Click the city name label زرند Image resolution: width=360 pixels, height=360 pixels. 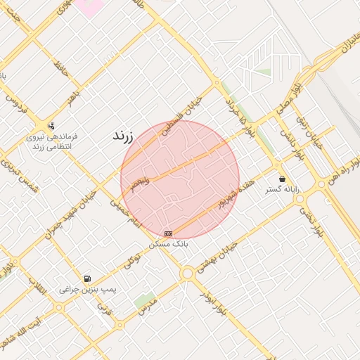[x=127, y=137]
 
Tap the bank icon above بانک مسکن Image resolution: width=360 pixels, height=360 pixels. [x=168, y=233]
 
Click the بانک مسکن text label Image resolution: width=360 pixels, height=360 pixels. [x=168, y=244]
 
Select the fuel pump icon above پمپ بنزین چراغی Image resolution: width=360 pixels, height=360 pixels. [x=87, y=278]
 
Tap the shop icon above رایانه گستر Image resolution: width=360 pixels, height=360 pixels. [x=282, y=179]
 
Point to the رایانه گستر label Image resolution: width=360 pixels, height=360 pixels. [x=282, y=190]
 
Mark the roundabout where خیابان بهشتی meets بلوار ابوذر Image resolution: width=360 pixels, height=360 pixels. [x=187, y=273]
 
